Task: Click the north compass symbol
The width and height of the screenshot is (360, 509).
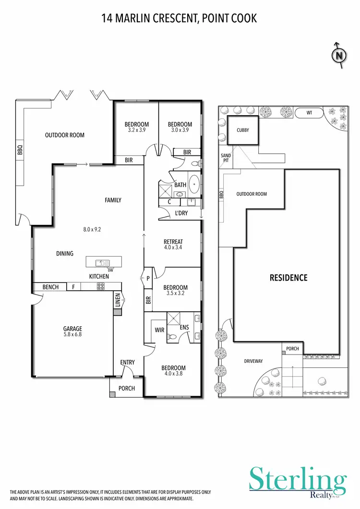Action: (339, 55)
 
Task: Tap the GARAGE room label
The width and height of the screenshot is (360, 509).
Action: (72, 329)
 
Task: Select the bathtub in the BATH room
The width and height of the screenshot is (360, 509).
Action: (194, 184)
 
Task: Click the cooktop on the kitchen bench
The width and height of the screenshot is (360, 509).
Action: (102, 287)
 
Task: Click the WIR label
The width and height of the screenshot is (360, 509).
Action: (159, 330)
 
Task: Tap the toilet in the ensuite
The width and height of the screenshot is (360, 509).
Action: (172, 337)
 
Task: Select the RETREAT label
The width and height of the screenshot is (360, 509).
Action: (173, 242)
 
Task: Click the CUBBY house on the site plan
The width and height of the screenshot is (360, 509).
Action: (242, 130)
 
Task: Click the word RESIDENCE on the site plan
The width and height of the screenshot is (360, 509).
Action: (288, 278)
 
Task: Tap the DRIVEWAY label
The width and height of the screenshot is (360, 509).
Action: (253, 361)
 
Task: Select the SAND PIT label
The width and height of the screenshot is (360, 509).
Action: (226, 158)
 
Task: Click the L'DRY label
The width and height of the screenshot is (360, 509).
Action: (181, 213)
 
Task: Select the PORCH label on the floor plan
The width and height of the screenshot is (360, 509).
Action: (127, 389)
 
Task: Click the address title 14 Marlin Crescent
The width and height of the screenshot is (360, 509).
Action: (180, 19)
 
